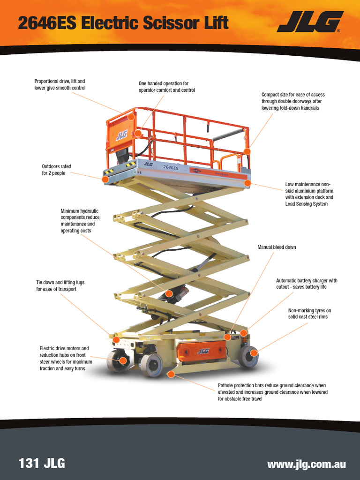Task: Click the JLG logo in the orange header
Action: click(309, 22)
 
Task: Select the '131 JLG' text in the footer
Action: click(41, 464)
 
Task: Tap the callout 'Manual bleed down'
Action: click(277, 247)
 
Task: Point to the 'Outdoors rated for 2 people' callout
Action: click(56, 170)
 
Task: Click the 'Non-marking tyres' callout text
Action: click(309, 314)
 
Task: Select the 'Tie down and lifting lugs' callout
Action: click(60, 286)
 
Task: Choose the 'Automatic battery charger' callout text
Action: click(307, 284)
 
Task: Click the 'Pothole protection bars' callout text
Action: click(272, 392)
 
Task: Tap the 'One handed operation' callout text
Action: click(166, 87)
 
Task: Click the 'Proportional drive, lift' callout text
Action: click(60, 84)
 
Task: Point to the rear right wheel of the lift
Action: click(248, 356)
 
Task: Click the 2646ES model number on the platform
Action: click(171, 167)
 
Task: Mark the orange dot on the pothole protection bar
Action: click(171, 374)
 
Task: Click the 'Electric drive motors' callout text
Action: click(66, 359)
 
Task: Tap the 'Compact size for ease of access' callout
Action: click(293, 101)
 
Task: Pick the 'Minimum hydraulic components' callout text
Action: click(80, 221)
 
